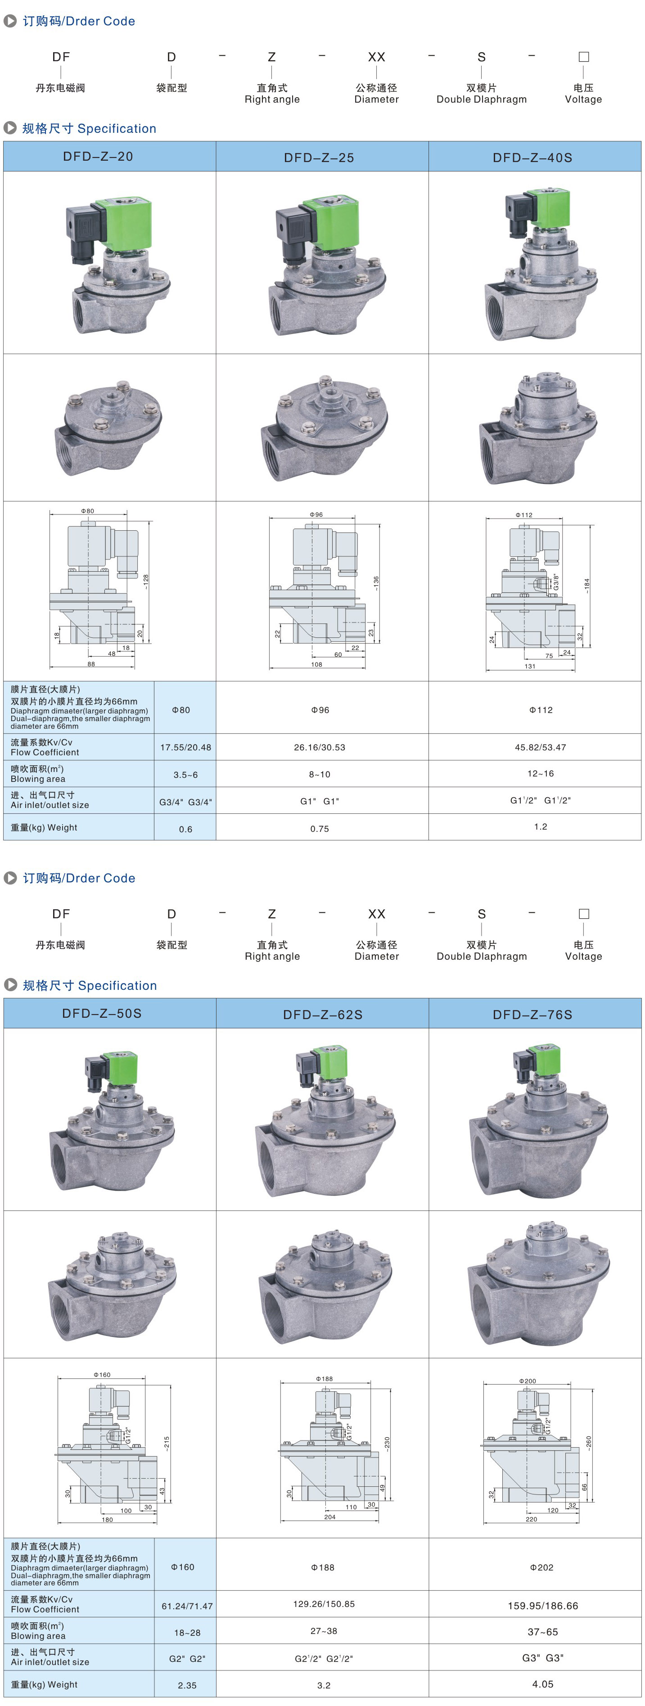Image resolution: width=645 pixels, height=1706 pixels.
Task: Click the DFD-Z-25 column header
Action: click(319, 158)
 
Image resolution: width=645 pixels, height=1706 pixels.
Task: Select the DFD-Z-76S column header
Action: click(532, 1015)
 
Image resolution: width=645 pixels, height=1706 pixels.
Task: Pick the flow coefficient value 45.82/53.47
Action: click(541, 747)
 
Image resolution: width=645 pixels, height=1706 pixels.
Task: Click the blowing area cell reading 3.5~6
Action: click(185, 775)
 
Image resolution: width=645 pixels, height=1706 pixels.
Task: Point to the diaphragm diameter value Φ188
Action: click(322, 1568)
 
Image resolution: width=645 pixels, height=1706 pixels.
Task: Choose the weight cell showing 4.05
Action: click(542, 1683)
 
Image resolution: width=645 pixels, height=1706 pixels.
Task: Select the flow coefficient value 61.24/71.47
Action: click(187, 1606)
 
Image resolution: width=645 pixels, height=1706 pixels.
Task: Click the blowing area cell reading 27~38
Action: click(324, 1631)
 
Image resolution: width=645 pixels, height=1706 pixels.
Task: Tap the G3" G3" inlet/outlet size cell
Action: click(542, 1658)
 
